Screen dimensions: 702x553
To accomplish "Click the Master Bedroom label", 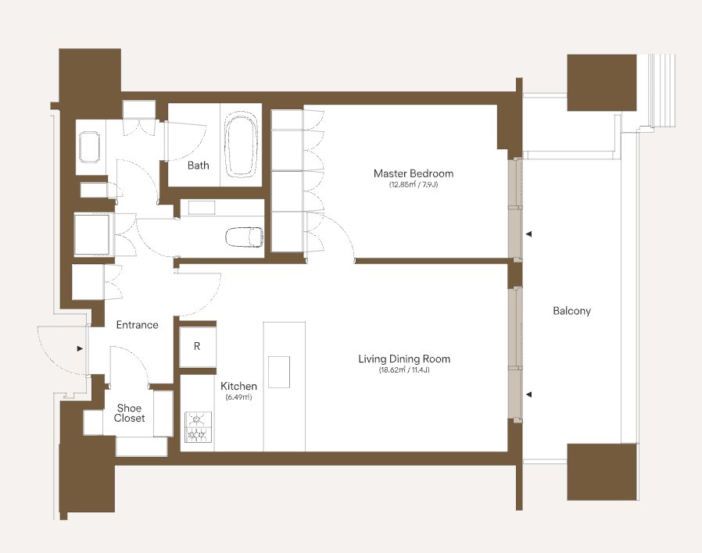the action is point(414,173).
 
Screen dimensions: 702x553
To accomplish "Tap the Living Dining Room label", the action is point(404,359).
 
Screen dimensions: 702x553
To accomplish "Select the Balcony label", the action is point(571,311).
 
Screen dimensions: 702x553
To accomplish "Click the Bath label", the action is point(199,166).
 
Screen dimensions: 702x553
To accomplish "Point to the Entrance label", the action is point(137,325).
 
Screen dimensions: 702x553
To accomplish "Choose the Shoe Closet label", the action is point(130,413).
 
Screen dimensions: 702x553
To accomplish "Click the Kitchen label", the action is point(238,386).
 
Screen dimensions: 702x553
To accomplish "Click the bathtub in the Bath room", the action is point(242,144).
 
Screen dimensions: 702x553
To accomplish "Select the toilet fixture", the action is point(244,237).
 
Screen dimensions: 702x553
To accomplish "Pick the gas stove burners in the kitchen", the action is point(198,427).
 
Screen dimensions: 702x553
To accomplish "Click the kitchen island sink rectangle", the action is point(279,372).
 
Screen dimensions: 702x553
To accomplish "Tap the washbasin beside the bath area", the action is point(90,147).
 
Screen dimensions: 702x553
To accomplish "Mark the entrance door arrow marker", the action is point(80,348).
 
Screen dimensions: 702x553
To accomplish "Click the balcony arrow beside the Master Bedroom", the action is point(528,234).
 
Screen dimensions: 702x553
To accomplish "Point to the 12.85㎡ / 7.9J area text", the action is point(414,185).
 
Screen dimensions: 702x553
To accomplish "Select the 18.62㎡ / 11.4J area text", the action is point(404,370).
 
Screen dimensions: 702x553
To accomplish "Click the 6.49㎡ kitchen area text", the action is point(238,397).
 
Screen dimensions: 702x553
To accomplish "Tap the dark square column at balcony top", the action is point(602,83).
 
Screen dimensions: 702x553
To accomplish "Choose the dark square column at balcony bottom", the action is point(602,472).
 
